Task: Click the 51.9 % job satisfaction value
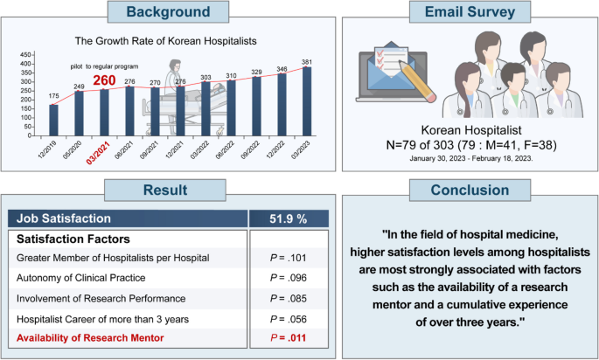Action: tap(288, 218)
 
